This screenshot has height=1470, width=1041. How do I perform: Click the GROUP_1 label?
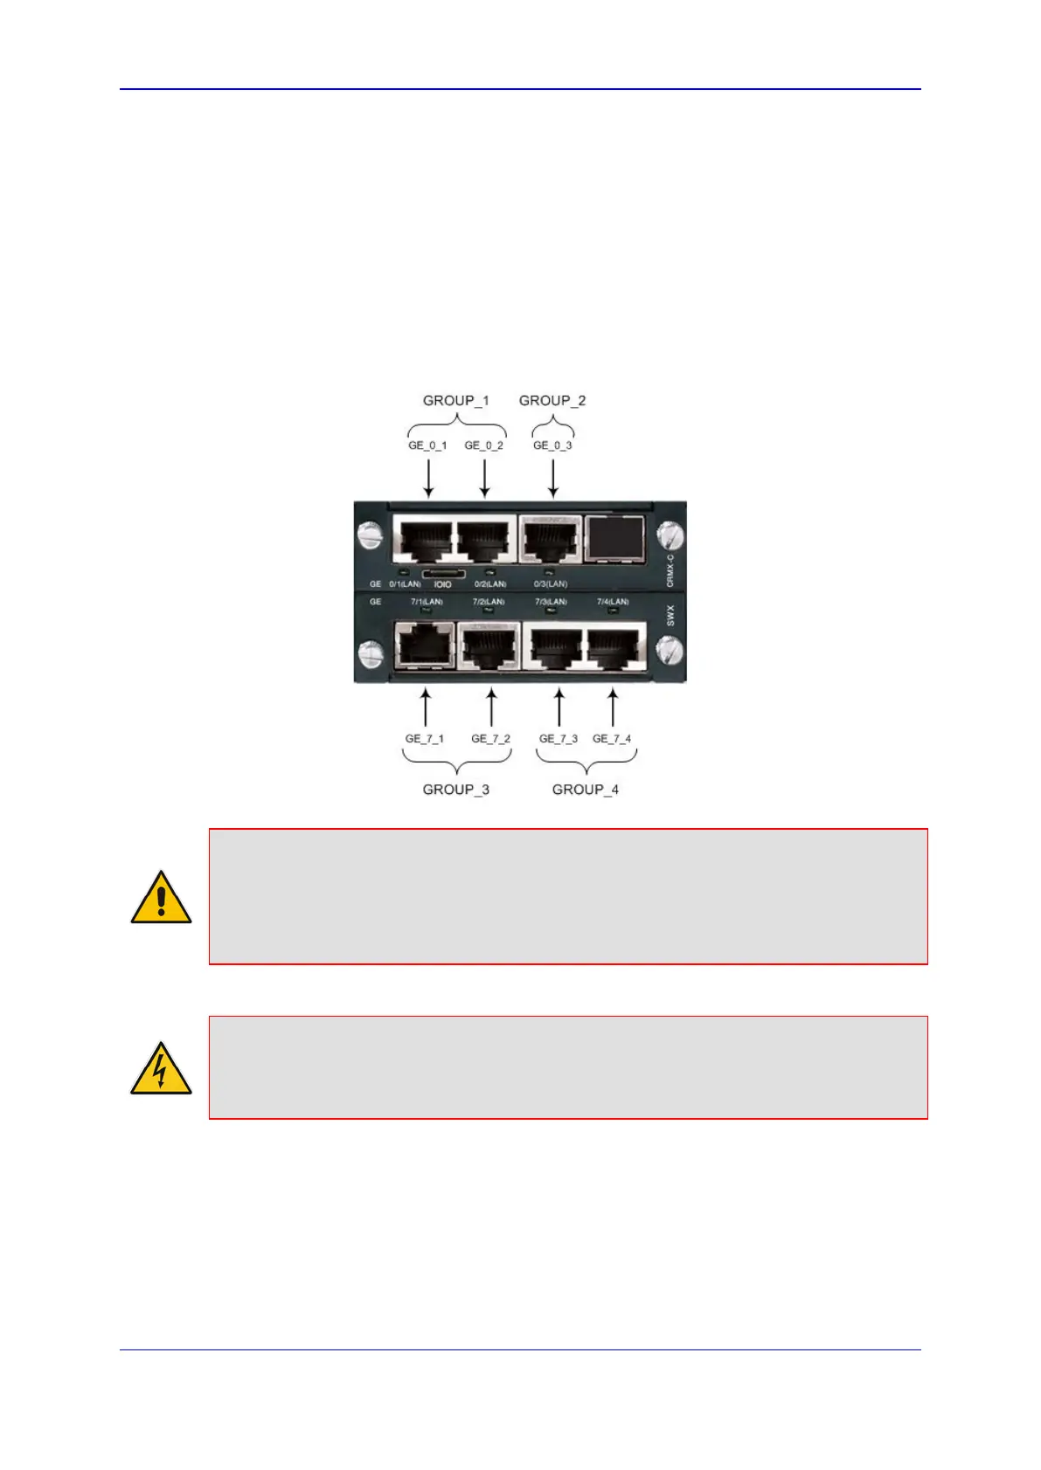455,401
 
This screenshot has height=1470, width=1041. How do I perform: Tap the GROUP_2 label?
552,401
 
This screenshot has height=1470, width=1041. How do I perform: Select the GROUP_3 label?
455,790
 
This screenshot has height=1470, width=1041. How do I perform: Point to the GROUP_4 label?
586,790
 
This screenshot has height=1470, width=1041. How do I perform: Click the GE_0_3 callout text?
552,445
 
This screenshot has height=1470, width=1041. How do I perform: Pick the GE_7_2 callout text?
490,739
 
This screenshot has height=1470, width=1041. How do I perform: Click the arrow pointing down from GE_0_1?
428,478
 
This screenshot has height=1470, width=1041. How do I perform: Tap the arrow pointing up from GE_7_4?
613,707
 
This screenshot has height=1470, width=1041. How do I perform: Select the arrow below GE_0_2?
484,478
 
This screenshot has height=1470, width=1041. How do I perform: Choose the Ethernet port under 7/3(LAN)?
557,648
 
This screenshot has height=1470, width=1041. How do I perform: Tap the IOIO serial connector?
443,575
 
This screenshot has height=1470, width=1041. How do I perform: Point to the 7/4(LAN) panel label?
613,602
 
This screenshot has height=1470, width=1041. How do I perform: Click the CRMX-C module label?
670,569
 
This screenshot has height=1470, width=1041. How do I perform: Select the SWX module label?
670,615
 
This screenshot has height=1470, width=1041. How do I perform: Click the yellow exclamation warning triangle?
161,898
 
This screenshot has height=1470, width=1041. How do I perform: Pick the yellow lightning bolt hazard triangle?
161,1069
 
